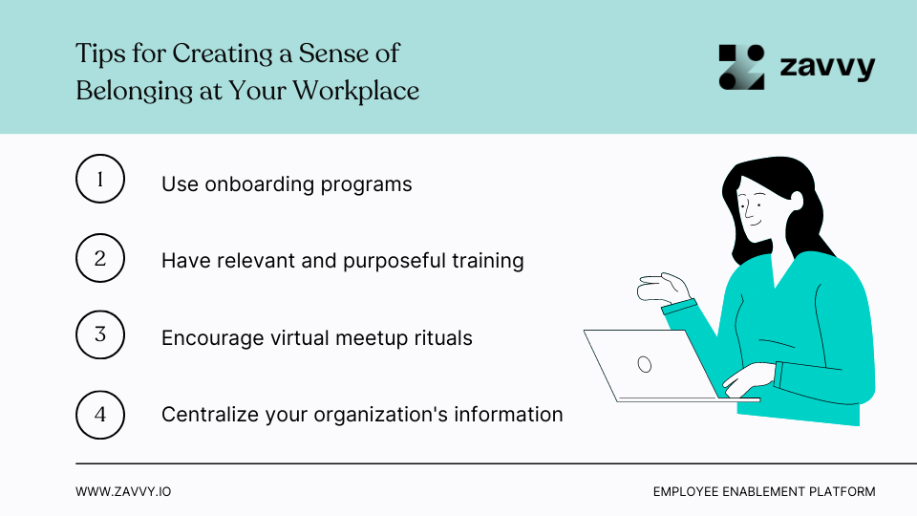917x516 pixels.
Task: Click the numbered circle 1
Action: [x=100, y=179]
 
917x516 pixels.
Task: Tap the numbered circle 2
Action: [x=100, y=257]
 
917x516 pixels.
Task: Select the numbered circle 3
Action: [x=100, y=335]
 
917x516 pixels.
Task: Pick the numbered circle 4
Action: [x=100, y=414]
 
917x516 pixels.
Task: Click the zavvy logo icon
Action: [x=742, y=67]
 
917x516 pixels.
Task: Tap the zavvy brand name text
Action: [x=827, y=68]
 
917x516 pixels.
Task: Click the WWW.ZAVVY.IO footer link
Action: [x=123, y=491]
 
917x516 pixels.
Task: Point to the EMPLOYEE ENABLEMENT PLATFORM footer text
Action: [x=764, y=491]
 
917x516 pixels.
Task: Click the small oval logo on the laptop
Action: [x=645, y=363]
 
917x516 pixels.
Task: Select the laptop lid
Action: [x=650, y=364]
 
